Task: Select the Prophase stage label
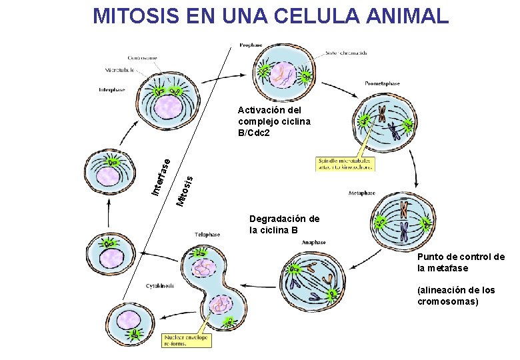pyautogui.click(x=250, y=45)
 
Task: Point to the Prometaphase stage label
pyautogui.click(x=382, y=83)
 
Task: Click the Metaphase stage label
pyautogui.click(x=361, y=193)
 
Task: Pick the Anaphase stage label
pyautogui.click(x=313, y=242)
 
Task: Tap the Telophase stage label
pyautogui.click(x=207, y=235)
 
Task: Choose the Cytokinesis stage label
pyautogui.click(x=160, y=285)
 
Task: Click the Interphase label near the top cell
pyautogui.click(x=111, y=89)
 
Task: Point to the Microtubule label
pyautogui.click(x=120, y=69)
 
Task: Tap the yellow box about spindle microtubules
pyautogui.click(x=344, y=164)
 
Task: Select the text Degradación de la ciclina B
pyautogui.click(x=284, y=225)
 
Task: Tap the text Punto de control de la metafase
pyautogui.click(x=461, y=263)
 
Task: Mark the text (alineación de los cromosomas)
pyautogui.click(x=456, y=295)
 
